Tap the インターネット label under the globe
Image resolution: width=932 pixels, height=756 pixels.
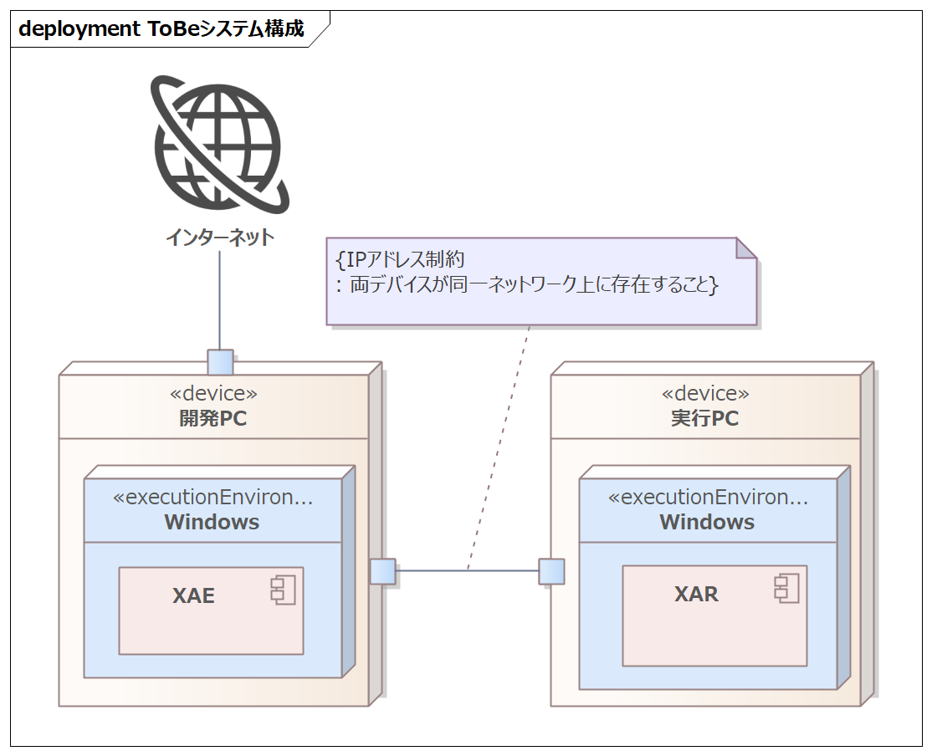[x=219, y=238]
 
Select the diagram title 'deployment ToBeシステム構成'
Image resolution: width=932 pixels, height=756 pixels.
[x=161, y=29]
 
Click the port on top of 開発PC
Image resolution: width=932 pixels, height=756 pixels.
[x=220, y=362]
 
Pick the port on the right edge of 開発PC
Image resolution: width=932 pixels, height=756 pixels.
[x=382, y=571]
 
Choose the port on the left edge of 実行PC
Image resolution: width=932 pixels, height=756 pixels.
[x=551, y=571]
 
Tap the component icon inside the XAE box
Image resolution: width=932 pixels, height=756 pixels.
[x=283, y=590]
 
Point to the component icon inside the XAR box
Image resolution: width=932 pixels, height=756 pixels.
[x=786, y=588]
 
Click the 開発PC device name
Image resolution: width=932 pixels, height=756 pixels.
[x=213, y=418]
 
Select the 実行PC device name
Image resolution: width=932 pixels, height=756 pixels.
[x=705, y=418]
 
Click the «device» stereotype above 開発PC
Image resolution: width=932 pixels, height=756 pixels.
[x=213, y=393]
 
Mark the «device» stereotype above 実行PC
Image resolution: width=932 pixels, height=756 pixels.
[x=705, y=393]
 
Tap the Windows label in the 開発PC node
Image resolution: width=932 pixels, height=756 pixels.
[x=212, y=523]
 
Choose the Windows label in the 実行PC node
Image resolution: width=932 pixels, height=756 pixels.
[x=707, y=523]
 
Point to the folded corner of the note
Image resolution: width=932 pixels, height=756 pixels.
[x=745, y=248]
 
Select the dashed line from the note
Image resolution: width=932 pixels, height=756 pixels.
[x=500, y=443]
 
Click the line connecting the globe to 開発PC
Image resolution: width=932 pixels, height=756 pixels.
[x=219, y=301]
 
